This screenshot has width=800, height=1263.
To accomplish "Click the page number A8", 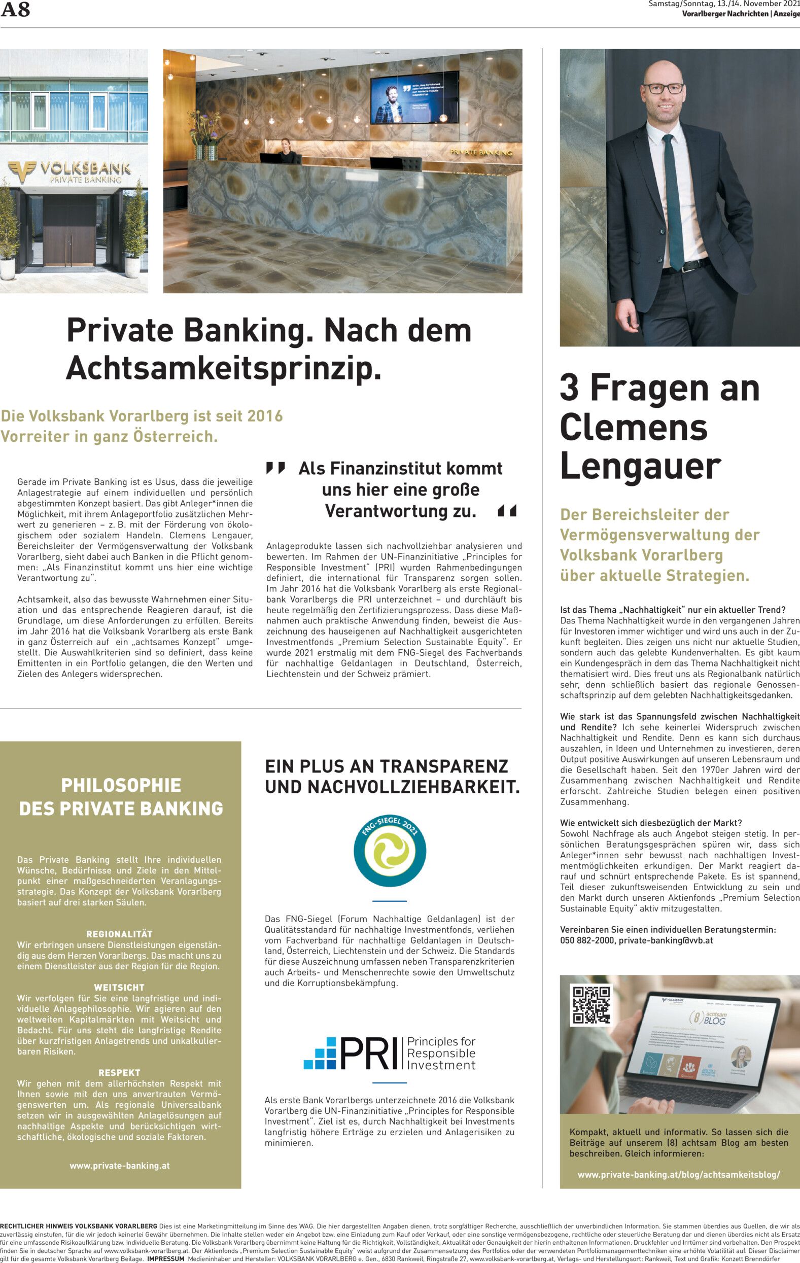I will pos(15,10).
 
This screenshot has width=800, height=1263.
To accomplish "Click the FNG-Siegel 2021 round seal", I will pos(389,850).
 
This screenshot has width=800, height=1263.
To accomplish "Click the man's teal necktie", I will pos(673,199).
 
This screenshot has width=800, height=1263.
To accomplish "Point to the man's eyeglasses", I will pos(664,88).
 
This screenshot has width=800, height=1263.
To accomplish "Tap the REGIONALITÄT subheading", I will pos(120,934).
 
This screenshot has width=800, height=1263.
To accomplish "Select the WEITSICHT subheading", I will pos(120,988).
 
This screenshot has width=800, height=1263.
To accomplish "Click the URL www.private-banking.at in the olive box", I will pos(120,1166).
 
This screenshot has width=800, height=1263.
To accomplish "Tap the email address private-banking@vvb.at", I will pos(666,940).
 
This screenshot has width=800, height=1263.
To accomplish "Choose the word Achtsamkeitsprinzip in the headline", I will pos(223,368).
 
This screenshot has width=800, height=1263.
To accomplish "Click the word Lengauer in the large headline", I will pos(640,466).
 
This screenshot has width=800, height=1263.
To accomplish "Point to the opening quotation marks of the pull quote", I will pos(275,467).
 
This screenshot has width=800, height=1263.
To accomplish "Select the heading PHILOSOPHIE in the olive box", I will pos(121,785).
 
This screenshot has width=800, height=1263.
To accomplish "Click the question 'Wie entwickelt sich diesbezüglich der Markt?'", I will pos(651,823).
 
